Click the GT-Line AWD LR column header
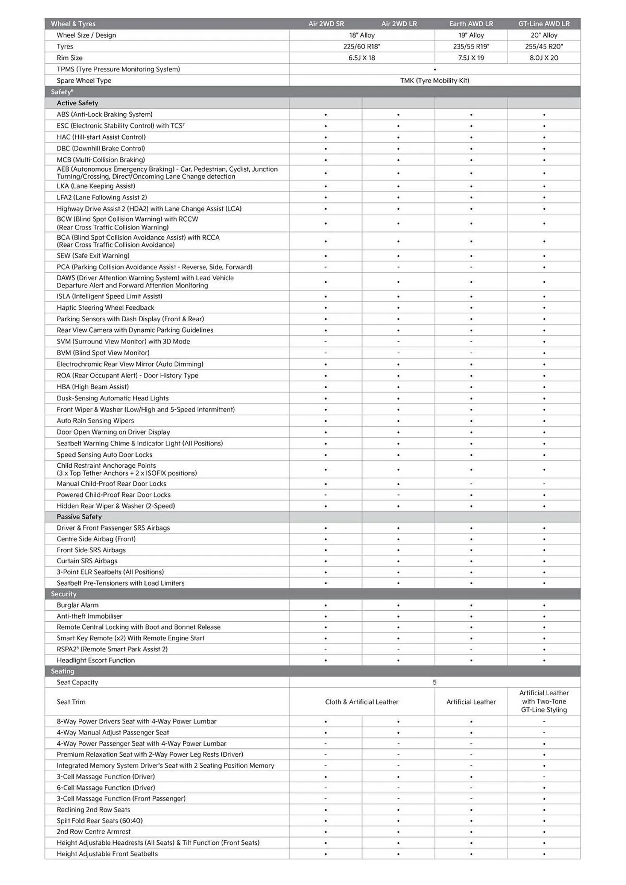[544, 24]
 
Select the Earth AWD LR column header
[471, 24]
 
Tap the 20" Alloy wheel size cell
[544, 35]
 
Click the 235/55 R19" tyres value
[471, 46]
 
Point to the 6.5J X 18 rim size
[361, 58]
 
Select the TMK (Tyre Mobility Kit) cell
[434, 81]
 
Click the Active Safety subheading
[77, 103]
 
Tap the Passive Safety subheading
[79, 517]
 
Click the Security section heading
[64, 594]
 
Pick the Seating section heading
[62, 671]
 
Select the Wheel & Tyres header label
[73, 24]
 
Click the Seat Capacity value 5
[434, 682]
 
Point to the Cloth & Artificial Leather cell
[361, 702]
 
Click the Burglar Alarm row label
[77, 605]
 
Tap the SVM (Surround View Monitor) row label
[123, 342]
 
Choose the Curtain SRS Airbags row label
[87, 561]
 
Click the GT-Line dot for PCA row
[544, 267]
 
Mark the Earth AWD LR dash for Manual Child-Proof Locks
[471, 484]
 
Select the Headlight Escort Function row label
[96, 660]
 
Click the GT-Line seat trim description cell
[544, 701]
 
